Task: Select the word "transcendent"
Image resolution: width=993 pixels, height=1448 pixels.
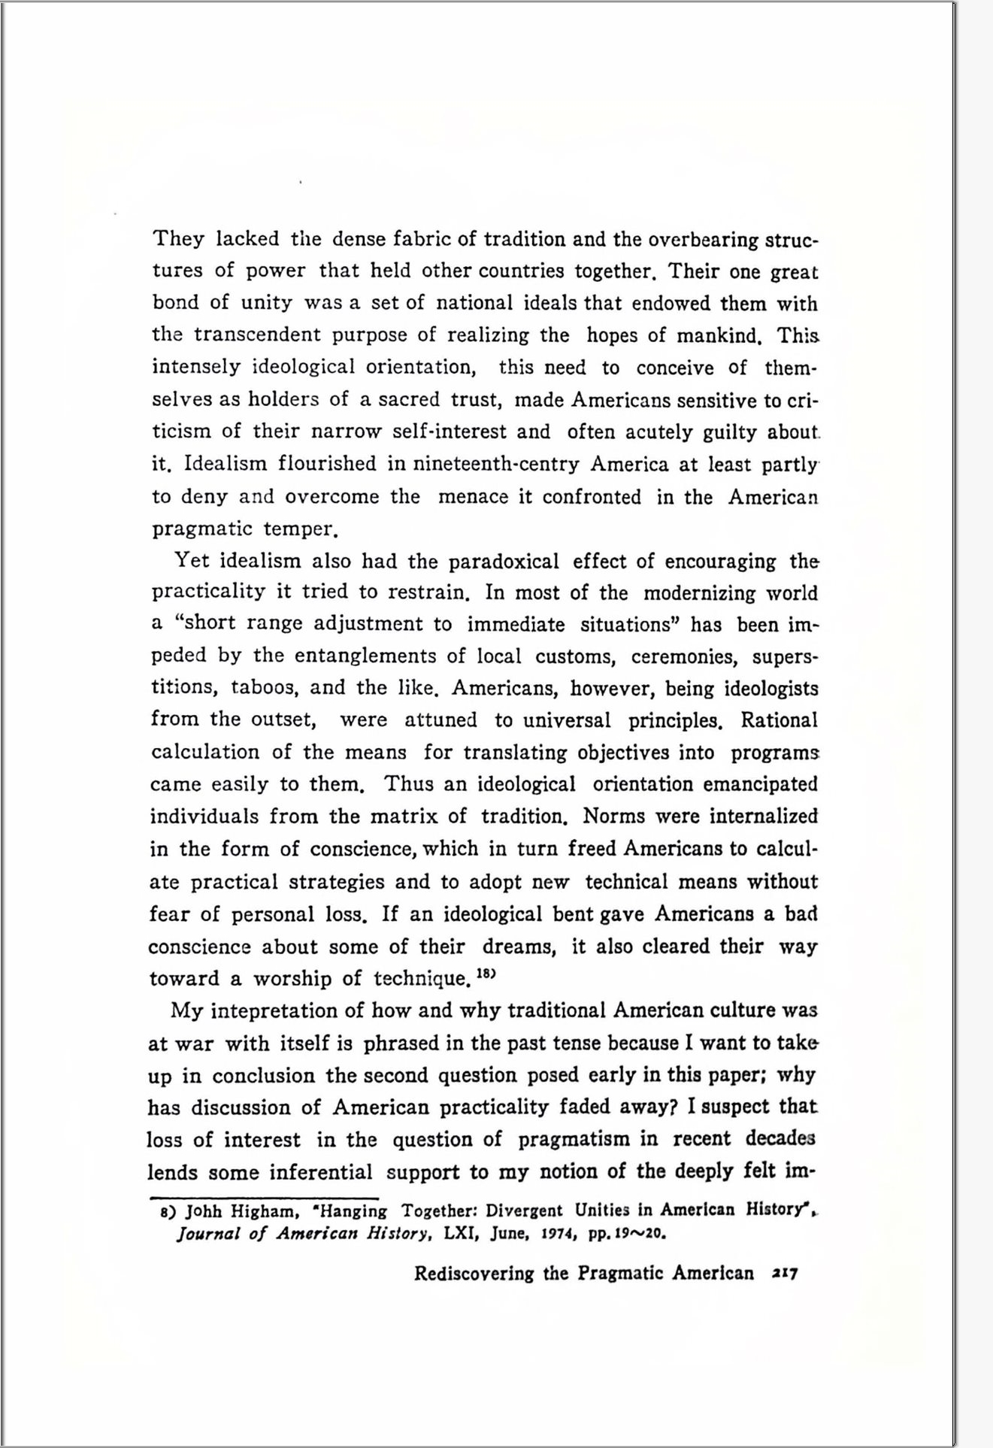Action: [257, 335]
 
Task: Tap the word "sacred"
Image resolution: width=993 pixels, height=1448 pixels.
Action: [408, 399]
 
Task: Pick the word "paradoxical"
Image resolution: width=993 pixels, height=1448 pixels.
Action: [504, 562]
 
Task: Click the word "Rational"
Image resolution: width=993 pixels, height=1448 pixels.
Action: [779, 720]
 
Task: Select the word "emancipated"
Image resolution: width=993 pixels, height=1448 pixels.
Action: [760, 784]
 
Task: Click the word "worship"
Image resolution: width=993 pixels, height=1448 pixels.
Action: [292, 979]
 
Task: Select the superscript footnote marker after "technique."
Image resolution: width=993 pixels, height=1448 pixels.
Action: [488, 974]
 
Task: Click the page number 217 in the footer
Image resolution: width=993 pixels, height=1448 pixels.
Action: [784, 1274]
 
